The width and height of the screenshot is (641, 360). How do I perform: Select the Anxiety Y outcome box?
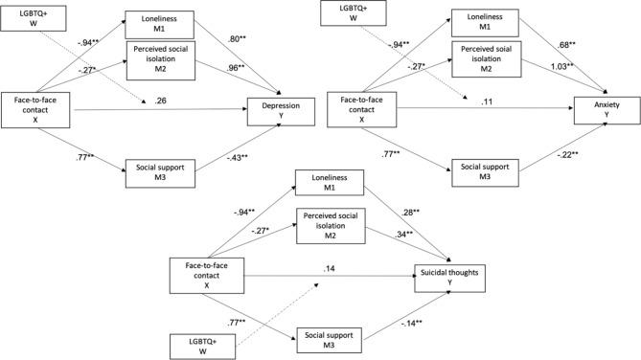[601, 113]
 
